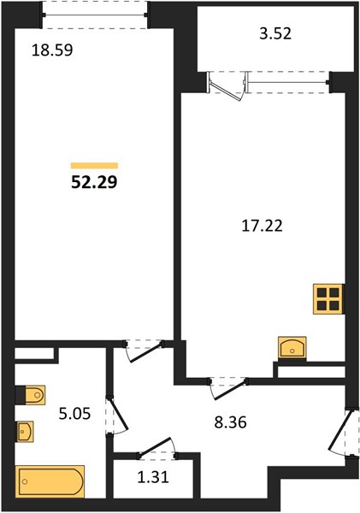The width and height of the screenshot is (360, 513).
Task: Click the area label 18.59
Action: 52,50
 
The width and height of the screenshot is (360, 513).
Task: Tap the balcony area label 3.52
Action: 275,33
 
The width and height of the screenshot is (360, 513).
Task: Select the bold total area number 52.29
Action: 94,182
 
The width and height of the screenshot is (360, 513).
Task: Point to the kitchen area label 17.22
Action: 262,226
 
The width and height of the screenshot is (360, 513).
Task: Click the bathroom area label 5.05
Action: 74,414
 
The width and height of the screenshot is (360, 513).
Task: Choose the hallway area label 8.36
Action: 230,422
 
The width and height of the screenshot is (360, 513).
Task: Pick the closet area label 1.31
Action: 153,477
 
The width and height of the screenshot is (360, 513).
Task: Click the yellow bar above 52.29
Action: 94,166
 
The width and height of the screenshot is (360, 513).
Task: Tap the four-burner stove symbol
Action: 328,299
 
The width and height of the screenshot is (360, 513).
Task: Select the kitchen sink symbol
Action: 292,347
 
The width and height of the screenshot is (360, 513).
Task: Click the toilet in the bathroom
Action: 31,395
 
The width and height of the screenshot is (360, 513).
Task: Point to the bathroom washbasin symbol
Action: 25,432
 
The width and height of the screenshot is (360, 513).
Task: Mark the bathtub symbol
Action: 50,481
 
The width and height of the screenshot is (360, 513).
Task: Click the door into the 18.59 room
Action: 144,351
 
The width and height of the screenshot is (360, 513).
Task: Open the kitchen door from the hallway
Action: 228,388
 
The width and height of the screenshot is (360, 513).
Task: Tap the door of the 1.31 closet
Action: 157,447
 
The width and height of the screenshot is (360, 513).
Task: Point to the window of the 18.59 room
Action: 95,15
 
